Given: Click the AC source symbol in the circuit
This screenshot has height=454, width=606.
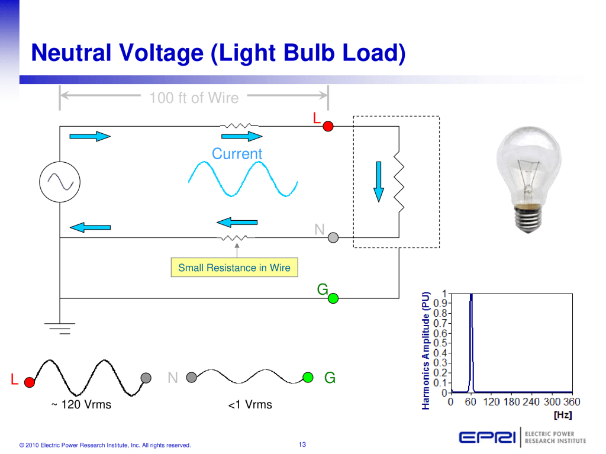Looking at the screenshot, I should [60, 181].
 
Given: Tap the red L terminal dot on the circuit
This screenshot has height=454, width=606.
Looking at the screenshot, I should [328, 126].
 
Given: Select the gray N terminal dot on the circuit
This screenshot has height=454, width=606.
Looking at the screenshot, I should [333, 237].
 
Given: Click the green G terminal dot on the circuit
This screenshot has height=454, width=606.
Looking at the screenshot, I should [333, 298].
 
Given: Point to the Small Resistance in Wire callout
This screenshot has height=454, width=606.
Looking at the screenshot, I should [234, 268].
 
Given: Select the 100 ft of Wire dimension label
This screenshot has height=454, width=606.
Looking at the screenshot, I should [194, 98].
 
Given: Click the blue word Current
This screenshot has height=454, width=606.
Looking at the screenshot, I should [237, 154].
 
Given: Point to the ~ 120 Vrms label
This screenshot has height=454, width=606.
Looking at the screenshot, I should [81, 405].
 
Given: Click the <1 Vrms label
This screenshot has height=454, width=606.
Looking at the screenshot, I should [250, 405].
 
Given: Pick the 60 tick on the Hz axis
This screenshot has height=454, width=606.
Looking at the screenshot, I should [470, 403].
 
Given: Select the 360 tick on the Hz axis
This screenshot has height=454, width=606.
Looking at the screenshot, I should [572, 403].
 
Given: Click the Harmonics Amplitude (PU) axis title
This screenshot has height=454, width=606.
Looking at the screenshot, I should [426, 350].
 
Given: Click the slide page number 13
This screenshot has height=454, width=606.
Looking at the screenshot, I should [302, 445].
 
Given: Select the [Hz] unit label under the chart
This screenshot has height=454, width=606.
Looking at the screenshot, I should [562, 415].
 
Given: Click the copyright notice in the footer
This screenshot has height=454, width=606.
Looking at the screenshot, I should [105, 445].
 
